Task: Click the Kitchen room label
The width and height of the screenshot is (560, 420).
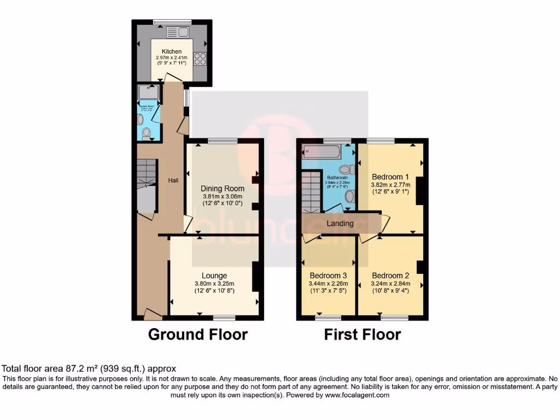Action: pos(171,52)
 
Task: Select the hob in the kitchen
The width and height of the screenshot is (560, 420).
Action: pos(200,59)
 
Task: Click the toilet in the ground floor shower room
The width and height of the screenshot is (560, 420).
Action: pos(146,133)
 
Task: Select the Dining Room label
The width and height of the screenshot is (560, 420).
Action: pos(221,189)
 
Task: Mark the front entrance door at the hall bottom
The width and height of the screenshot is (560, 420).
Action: pos(153,314)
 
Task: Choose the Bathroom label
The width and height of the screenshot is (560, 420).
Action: pos(337,178)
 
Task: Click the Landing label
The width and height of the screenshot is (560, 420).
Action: pos(340,223)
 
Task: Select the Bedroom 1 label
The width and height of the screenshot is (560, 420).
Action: pos(390,177)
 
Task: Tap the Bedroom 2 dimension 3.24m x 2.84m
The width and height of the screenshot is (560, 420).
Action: pos(390,283)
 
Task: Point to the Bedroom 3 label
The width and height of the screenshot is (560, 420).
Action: pos(328,275)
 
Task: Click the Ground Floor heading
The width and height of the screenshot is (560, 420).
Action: pos(198,334)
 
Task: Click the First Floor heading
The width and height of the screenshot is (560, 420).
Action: pos(363,334)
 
